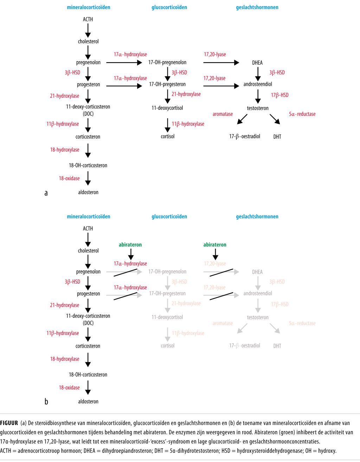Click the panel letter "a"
click(x=46, y=192)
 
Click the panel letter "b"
click(x=46, y=401)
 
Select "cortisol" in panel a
click(x=167, y=136)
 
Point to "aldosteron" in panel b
click(x=88, y=401)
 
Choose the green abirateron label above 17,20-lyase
click(x=215, y=245)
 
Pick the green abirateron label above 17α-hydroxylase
click(x=130, y=245)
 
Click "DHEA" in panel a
click(x=257, y=63)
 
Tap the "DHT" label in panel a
click(x=277, y=137)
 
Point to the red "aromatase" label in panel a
click(x=223, y=114)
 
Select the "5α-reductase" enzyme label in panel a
click(x=302, y=114)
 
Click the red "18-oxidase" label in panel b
click(x=69, y=387)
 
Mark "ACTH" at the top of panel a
click(x=88, y=19)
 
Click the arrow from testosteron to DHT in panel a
click(x=275, y=119)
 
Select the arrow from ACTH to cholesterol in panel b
click(x=88, y=239)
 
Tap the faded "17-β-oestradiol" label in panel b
click(x=245, y=346)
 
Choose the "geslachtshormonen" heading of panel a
click(x=257, y=7)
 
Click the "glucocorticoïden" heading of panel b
click(x=169, y=216)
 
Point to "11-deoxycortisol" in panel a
click(x=167, y=108)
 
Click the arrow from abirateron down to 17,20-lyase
click(x=215, y=254)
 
